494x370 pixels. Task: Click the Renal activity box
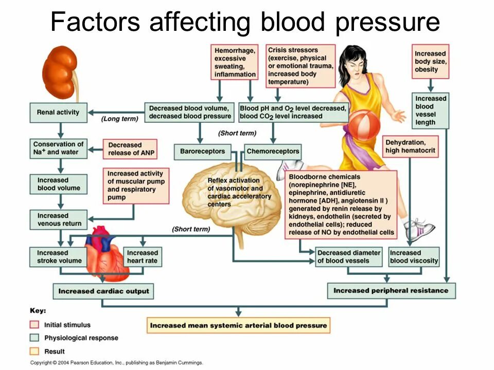coord(58,112)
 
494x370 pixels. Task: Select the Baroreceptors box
coord(202,152)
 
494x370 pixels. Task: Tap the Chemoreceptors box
coord(272,152)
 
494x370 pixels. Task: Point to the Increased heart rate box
coord(143,256)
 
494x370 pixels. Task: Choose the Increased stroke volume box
coord(59,256)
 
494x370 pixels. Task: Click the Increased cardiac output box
coord(103,291)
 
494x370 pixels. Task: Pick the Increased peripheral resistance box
coord(391,290)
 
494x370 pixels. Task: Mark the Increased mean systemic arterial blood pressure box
coord(238,325)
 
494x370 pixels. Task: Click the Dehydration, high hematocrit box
coord(411,146)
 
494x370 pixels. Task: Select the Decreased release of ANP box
coord(132,149)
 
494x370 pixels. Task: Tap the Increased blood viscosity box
coord(414,256)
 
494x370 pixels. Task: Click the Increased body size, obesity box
coord(430,61)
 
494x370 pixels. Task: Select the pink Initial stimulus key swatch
coord(34,325)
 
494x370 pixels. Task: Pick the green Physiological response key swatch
coord(34,338)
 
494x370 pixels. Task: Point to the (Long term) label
coord(119,119)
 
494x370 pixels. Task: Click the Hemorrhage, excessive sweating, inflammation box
coord(235,62)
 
